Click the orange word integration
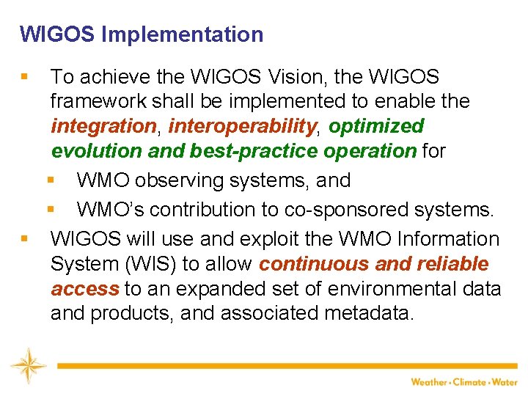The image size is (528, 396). (x=103, y=126)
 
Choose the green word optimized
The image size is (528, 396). (x=376, y=126)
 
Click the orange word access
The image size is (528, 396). (x=84, y=289)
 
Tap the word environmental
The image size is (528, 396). (x=389, y=289)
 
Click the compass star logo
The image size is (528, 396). (x=28, y=365)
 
